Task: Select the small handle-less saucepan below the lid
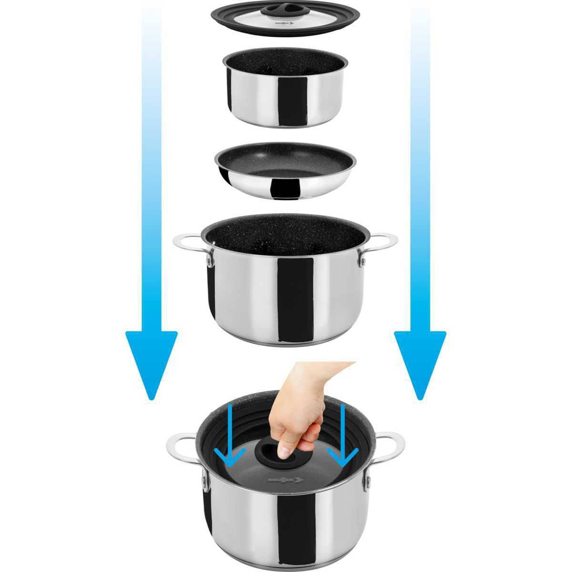click(285, 91)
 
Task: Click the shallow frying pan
click(286, 173)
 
